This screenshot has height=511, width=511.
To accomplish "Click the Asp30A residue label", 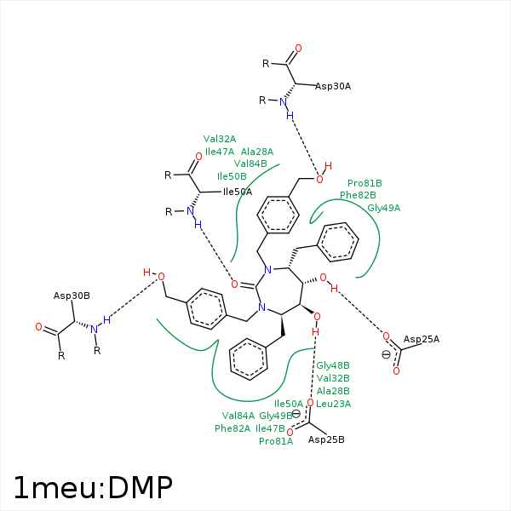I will (333, 86).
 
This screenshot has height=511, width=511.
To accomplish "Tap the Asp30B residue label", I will (72, 296).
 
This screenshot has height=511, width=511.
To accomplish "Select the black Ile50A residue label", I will (237, 192).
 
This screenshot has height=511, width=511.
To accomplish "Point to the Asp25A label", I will (422, 339).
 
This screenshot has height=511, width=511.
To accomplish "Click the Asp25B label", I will (326, 439).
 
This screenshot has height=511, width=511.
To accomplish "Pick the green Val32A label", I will (220, 139).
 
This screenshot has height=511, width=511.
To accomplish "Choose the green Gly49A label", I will (384, 207).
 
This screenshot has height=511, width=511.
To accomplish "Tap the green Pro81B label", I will (365, 183).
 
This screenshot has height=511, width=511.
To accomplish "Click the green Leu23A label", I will (333, 404).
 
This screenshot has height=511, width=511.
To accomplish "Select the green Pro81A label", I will (276, 441).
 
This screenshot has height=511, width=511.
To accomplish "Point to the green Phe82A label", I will (233, 428).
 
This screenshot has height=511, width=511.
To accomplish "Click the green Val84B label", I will (250, 164).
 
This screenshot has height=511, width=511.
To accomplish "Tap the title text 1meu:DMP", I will (93, 486).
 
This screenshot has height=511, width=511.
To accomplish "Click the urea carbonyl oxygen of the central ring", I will (234, 284).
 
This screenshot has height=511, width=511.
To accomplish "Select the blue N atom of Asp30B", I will (95, 329).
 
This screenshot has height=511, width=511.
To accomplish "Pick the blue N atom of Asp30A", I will (284, 102).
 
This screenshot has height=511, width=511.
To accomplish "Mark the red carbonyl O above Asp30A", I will (297, 49).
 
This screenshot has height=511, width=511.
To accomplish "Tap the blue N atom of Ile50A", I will (191, 212).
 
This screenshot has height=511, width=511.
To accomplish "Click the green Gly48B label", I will (333, 365).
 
